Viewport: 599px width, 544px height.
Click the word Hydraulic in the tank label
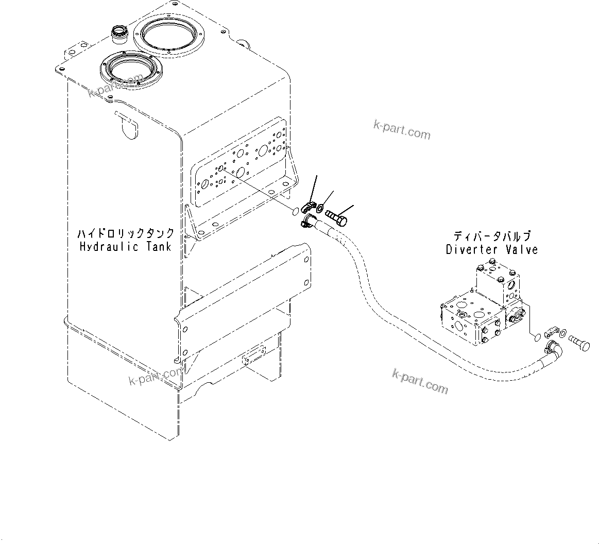point(109,247)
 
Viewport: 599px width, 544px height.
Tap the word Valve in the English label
point(521,250)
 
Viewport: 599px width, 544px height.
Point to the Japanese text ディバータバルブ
point(492,237)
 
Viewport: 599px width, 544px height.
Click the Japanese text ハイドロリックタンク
point(126,233)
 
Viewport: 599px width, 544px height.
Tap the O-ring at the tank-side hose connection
point(295,211)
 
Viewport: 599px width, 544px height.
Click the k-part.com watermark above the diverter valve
point(402,130)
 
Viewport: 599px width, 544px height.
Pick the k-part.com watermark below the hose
point(420,381)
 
